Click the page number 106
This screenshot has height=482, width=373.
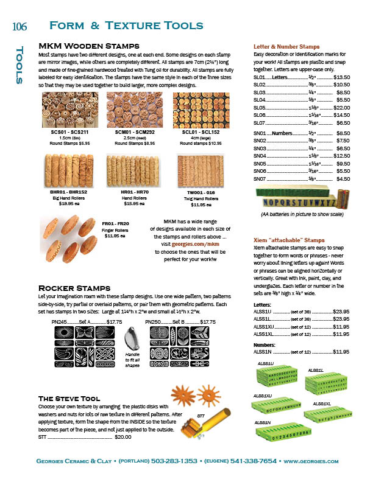click(20, 26)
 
